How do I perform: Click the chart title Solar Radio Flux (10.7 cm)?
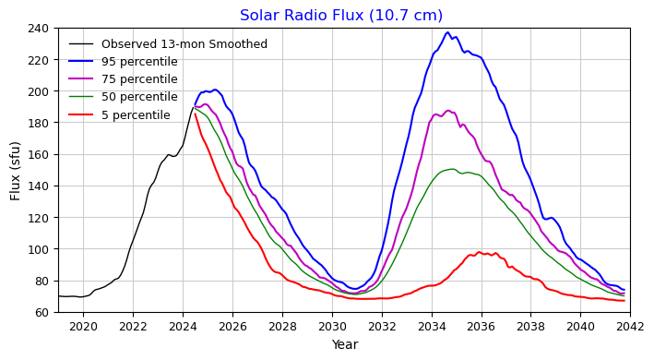tap(341, 16)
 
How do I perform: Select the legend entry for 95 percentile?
tap(139, 62)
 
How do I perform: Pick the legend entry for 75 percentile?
tap(139, 79)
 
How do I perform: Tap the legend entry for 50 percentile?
tap(139, 97)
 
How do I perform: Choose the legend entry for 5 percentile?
tap(136, 115)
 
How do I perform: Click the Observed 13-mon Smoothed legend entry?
tap(184, 44)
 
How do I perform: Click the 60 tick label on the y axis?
tap(42, 313)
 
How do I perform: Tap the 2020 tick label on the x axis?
tap(83, 326)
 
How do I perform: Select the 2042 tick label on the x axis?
tap(630, 326)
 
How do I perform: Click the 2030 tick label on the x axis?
tap(332, 326)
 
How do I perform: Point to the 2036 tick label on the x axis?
tap(481, 326)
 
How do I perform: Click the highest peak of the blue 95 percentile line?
tap(447, 32)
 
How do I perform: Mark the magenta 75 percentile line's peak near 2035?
tap(448, 111)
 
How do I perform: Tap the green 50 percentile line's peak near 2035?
tap(452, 169)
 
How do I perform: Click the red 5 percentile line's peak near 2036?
tap(479, 252)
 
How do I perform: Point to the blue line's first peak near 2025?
tap(215, 90)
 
